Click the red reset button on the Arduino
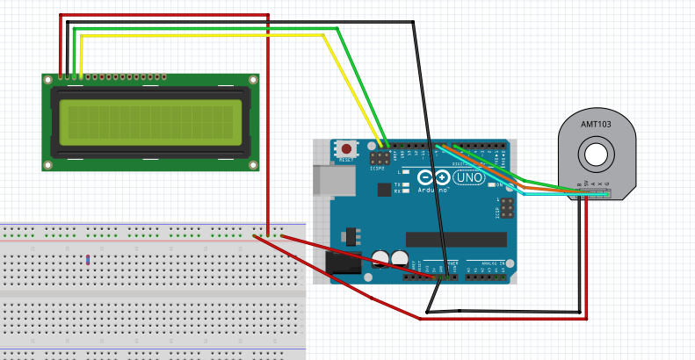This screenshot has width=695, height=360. pyautogui.click(x=346, y=149)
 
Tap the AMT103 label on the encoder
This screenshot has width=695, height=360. pyautogui.click(x=596, y=125)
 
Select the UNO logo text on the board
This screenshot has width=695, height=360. pyautogui.click(x=468, y=178)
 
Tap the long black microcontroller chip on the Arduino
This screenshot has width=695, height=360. pyautogui.click(x=456, y=239)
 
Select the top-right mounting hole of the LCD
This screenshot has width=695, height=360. pyautogui.click(x=253, y=81)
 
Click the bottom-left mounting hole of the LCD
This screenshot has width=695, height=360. pyautogui.click(x=48, y=164)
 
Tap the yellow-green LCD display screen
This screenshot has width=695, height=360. pyautogui.click(x=150, y=122)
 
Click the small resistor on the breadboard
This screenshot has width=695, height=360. pyautogui.click(x=88, y=259)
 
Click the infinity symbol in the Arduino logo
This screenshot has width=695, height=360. pyautogui.click(x=436, y=178)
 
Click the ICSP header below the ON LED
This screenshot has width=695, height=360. pyautogui.click(x=505, y=207)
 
